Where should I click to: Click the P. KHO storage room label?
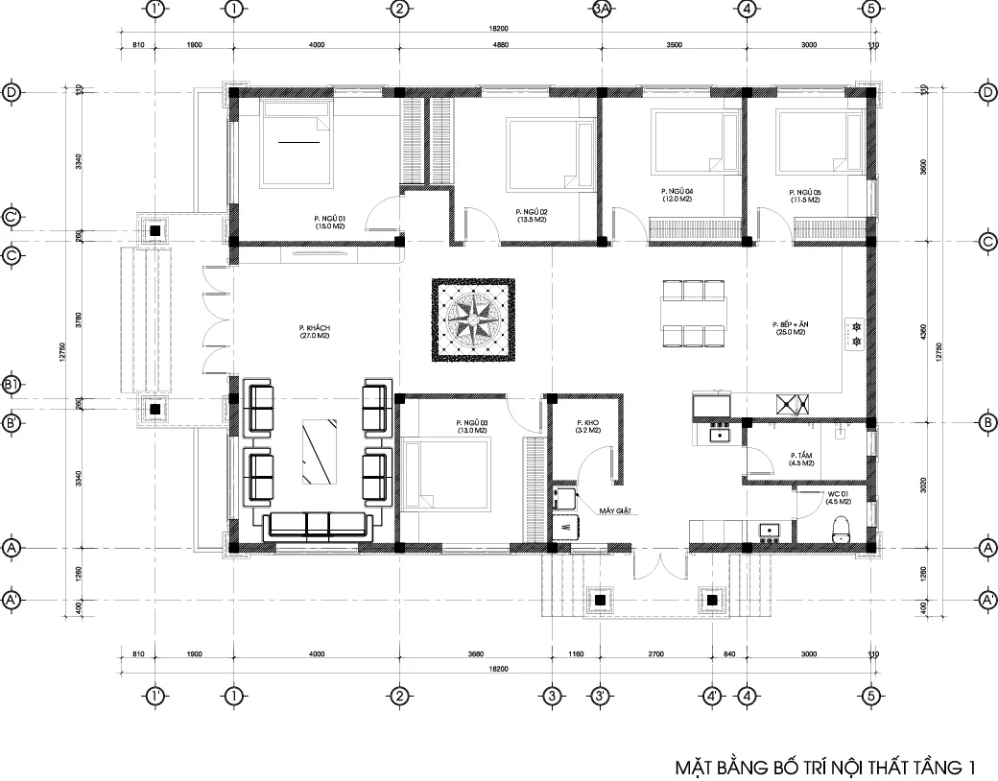point(588,427)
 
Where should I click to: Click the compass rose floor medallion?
point(472,320)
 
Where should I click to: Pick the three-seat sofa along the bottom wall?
point(317,524)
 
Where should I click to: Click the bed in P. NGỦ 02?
point(541,154)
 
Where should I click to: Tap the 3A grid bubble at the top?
point(602,10)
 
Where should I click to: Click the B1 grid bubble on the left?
point(12,385)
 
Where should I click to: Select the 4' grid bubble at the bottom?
point(711,696)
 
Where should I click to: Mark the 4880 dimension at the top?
point(501,45)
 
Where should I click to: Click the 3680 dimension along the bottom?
point(475,654)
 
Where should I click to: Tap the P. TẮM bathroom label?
point(802,459)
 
